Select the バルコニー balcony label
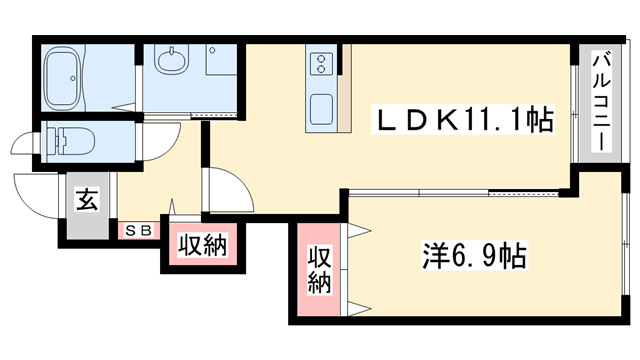click(601, 101)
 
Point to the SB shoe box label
click(139, 231)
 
